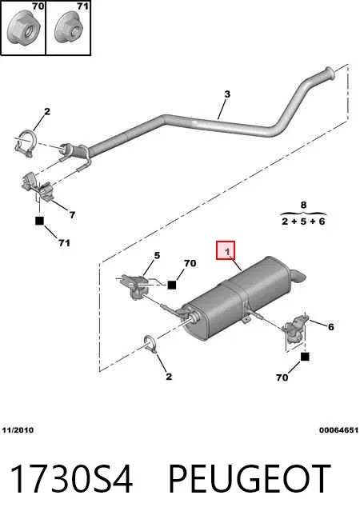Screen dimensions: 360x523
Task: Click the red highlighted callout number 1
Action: [227, 251]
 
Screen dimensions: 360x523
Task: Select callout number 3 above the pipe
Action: [227, 94]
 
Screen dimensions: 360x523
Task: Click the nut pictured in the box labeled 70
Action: [24, 30]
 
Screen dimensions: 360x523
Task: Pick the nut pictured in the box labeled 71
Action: [70, 30]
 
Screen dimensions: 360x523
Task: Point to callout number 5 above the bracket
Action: [157, 255]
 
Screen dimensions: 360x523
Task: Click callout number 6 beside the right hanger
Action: [330, 326]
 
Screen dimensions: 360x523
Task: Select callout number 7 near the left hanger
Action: [72, 215]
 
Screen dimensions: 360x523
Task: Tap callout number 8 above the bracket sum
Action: [303, 205]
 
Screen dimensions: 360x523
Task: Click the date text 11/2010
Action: [18, 430]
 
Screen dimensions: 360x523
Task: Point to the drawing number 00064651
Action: [338, 430]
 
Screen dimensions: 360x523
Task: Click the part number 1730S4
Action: [71, 479]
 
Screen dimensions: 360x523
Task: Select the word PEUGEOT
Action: [250, 479]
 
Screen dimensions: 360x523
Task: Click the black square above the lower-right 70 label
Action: [305, 357]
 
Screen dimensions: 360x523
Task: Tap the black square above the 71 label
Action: [39, 221]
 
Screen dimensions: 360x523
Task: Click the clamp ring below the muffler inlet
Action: [150, 343]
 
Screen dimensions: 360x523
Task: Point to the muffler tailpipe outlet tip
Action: [299, 275]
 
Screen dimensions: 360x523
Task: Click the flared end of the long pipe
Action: [329, 74]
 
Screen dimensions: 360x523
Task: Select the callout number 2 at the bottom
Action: [169, 377]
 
